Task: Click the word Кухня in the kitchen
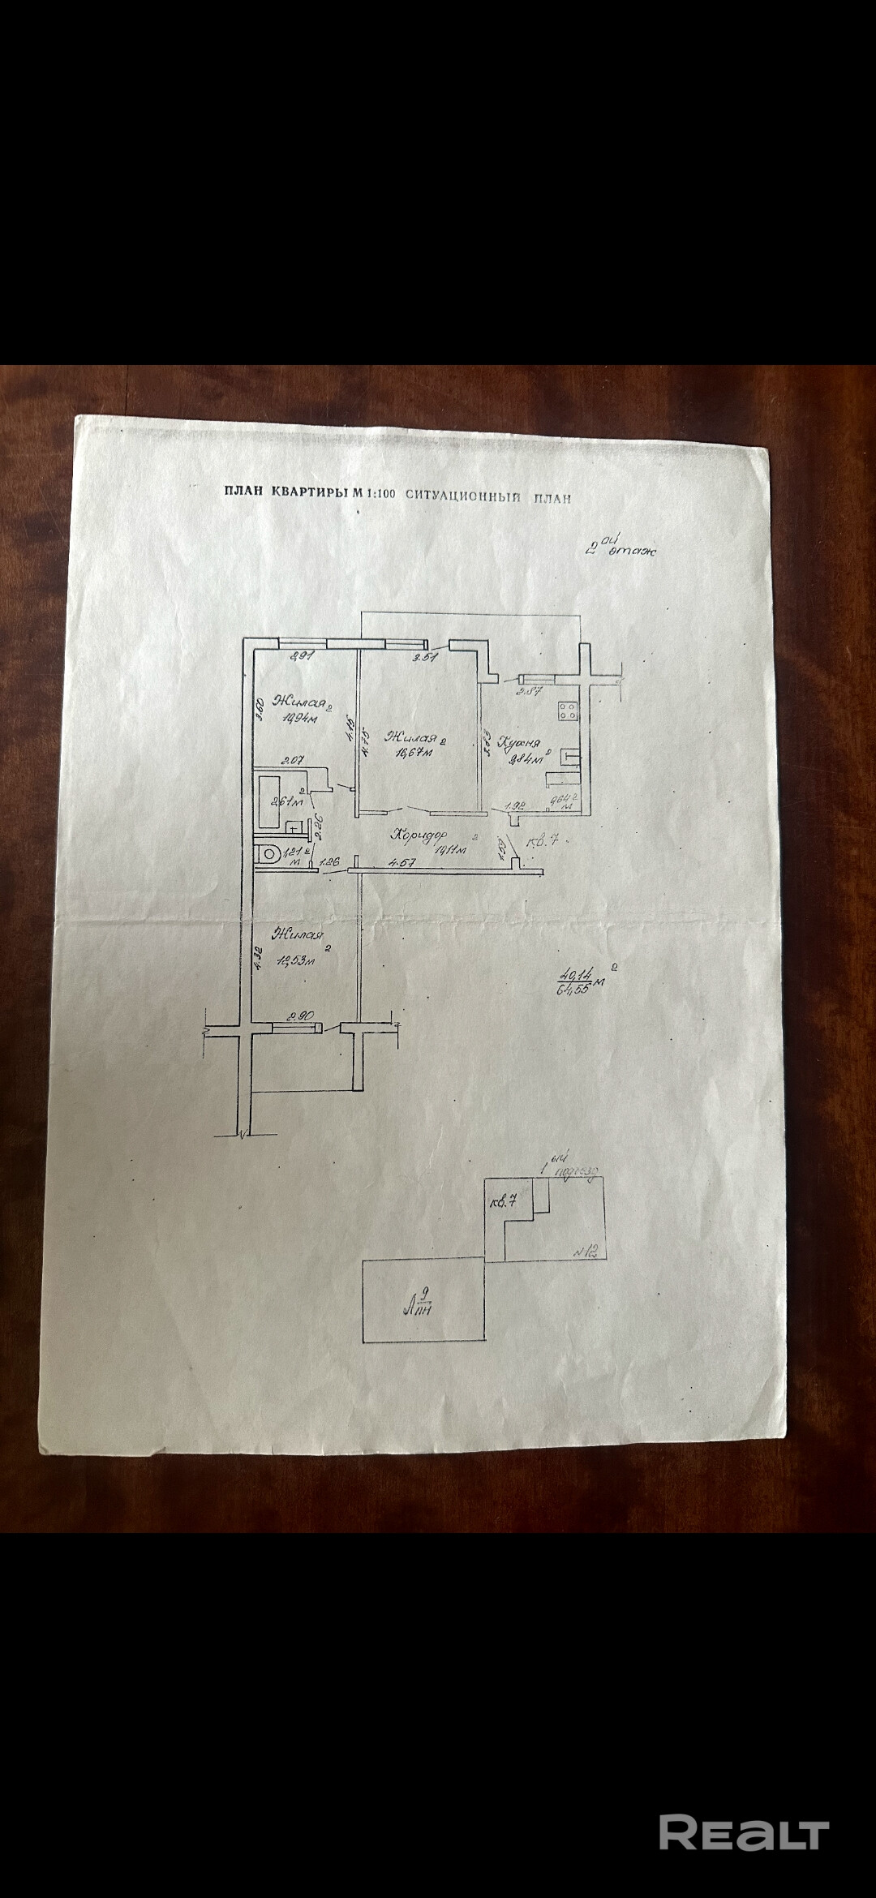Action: [519, 741]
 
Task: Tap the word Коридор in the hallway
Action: [418, 834]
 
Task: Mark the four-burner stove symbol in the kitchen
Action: [568, 711]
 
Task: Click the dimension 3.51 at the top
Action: [425, 658]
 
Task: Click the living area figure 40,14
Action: [573, 974]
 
